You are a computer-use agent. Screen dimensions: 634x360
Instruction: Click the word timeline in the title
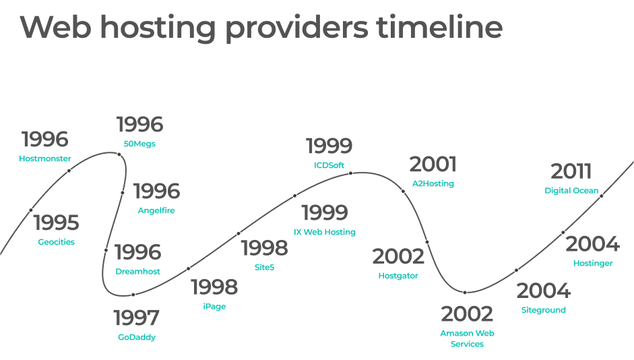pyautogui.click(x=439, y=27)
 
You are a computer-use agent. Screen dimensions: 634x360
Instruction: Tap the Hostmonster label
pyautogui.click(x=45, y=158)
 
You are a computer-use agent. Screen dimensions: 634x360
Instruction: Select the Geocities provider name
pyautogui.click(x=56, y=242)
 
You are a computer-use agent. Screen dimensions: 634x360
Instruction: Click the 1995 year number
pyautogui.click(x=56, y=222)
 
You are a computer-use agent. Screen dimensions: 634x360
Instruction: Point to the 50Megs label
pyautogui.click(x=139, y=144)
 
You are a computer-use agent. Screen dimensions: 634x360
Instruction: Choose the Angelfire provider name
pyautogui.click(x=156, y=210)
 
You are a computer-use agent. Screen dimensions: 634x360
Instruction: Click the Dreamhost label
pyautogui.click(x=138, y=272)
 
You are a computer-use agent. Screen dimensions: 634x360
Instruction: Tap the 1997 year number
pyautogui.click(x=136, y=318)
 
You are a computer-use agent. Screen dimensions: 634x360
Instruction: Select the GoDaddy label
pyautogui.click(x=137, y=337)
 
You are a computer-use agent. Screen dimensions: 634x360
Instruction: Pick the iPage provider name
pyautogui.click(x=214, y=306)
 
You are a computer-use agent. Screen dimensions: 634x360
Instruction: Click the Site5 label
pyautogui.click(x=264, y=267)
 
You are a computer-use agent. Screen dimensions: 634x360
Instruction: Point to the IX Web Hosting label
pyautogui.click(x=325, y=232)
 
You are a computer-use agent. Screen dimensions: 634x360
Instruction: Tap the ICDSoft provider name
pyautogui.click(x=329, y=165)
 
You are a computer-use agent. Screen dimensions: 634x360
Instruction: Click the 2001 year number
pyautogui.click(x=433, y=164)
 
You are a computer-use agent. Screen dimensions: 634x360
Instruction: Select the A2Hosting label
pyautogui.click(x=433, y=183)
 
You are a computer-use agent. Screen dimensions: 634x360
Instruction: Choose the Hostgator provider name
pyautogui.click(x=398, y=276)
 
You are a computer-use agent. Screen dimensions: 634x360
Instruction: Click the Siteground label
pyautogui.click(x=544, y=310)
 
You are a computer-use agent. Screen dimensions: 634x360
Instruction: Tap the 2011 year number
pyautogui.click(x=571, y=171)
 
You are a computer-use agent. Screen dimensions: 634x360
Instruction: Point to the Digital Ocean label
pyautogui.click(x=571, y=191)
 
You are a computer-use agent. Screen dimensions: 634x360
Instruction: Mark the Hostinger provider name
pyautogui.click(x=593, y=264)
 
